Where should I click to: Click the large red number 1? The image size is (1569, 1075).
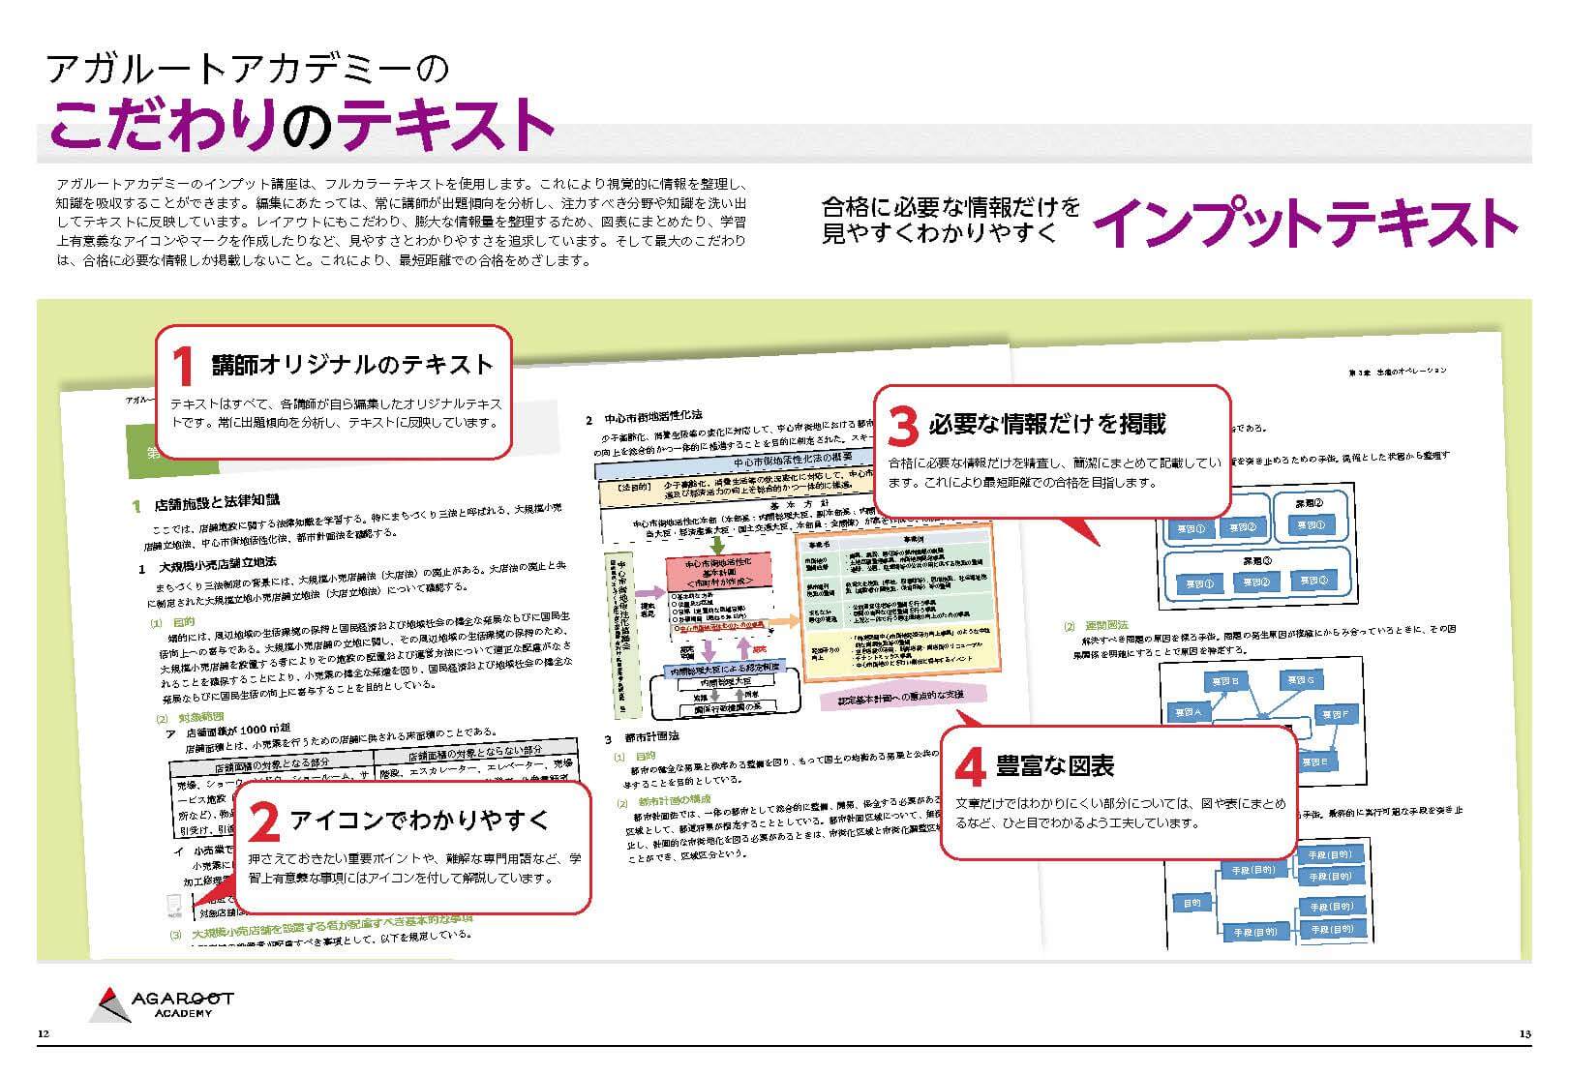(x=184, y=367)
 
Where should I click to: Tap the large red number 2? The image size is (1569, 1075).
(x=263, y=822)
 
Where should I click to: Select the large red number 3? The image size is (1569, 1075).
(x=901, y=425)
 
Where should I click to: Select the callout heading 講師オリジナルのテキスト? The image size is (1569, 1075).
(x=352, y=365)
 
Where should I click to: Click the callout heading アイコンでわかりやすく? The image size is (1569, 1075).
(x=419, y=821)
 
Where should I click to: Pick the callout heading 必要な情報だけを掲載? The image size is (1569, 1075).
(x=1047, y=424)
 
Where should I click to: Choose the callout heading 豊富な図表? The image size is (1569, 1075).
(x=1054, y=766)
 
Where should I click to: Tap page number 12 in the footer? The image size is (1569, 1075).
(x=43, y=1035)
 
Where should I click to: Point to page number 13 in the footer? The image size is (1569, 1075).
(x=1524, y=1035)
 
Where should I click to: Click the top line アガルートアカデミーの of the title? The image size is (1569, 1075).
(x=248, y=69)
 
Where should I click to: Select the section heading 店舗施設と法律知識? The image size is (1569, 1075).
(x=217, y=501)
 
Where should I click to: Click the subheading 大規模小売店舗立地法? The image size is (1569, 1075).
(x=218, y=562)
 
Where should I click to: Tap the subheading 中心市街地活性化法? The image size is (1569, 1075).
(x=652, y=419)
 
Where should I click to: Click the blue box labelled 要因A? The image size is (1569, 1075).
(x=1187, y=713)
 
